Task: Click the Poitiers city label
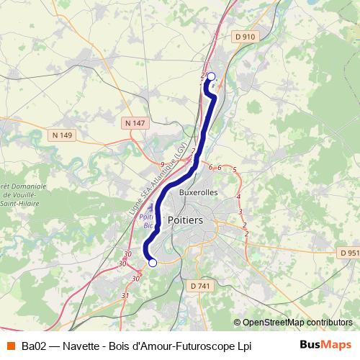(185, 220)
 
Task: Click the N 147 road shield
(134, 123)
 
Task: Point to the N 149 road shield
(63, 135)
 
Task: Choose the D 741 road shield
(202, 287)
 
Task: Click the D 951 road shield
(348, 253)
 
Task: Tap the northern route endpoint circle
(211, 76)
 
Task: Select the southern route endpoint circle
(152, 264)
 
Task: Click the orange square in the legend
(10, 346)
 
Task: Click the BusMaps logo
(325, 345)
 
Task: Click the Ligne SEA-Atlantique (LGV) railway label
(153, 184)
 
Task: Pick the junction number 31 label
(125, 295)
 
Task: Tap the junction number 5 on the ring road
(235, 169)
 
